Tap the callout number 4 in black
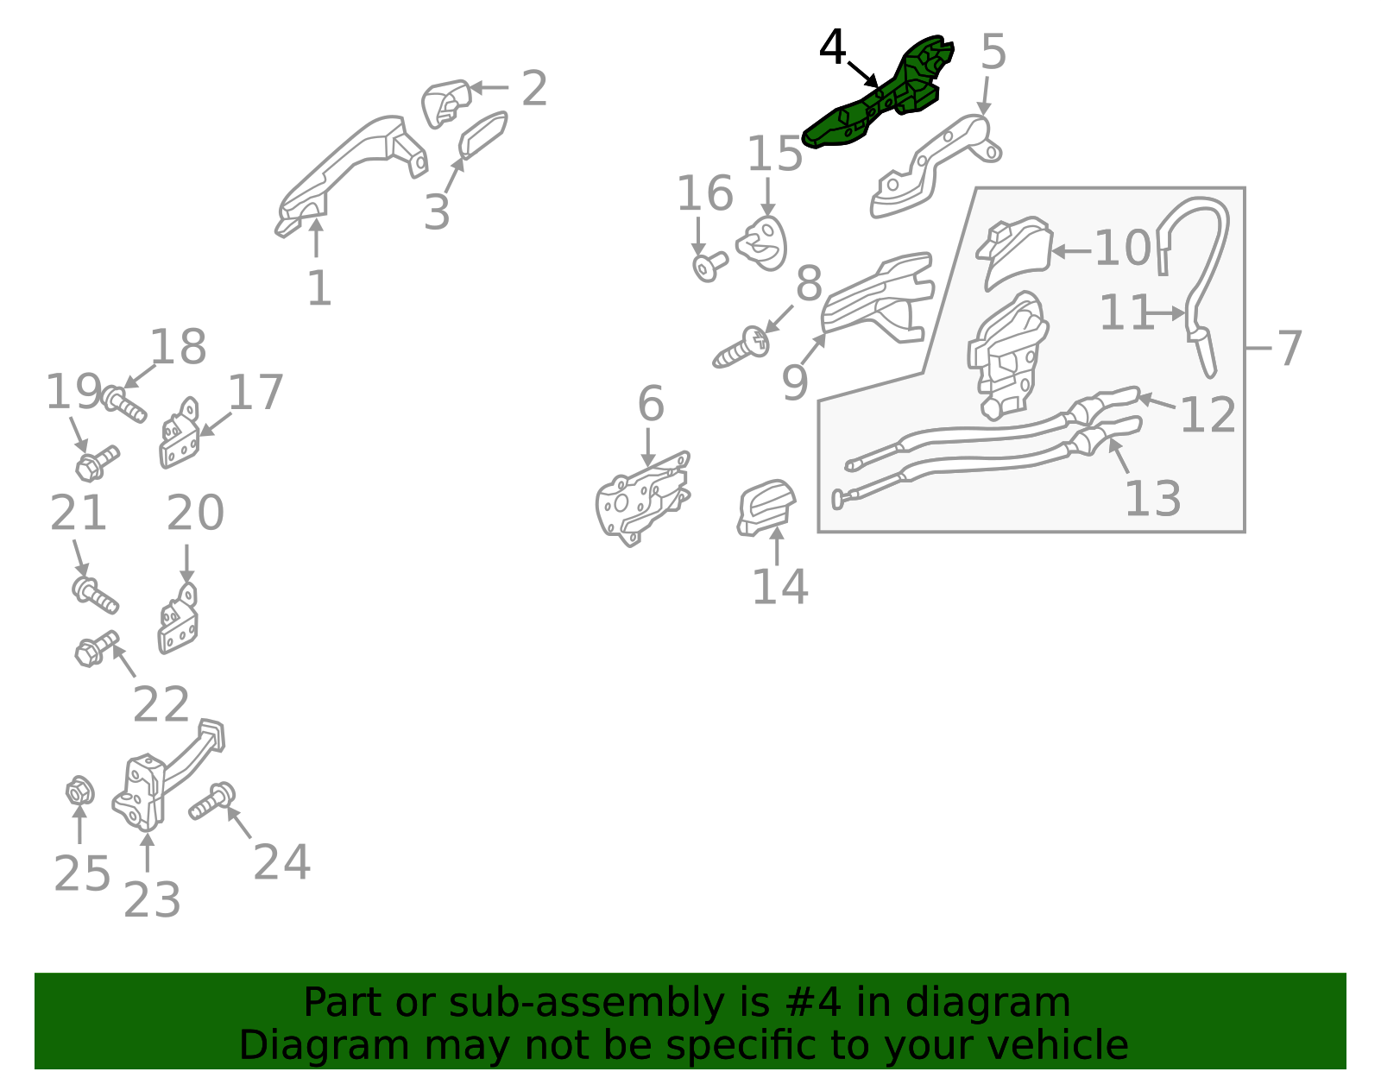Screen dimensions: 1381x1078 (833, 47)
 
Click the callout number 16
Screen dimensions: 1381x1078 (705, 193)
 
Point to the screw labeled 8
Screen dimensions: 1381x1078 (741, 348)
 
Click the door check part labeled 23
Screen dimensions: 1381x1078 (167, 775)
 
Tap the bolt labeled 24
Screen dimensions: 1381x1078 (212, 801)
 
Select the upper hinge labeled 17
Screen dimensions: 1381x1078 (180, 433)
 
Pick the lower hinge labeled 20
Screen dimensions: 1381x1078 (178, 619)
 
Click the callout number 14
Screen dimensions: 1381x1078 (779, 586)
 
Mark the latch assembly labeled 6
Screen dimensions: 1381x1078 (642, 499)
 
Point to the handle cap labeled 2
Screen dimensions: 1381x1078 (445, 103)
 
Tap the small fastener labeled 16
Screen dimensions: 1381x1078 (709, 267)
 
